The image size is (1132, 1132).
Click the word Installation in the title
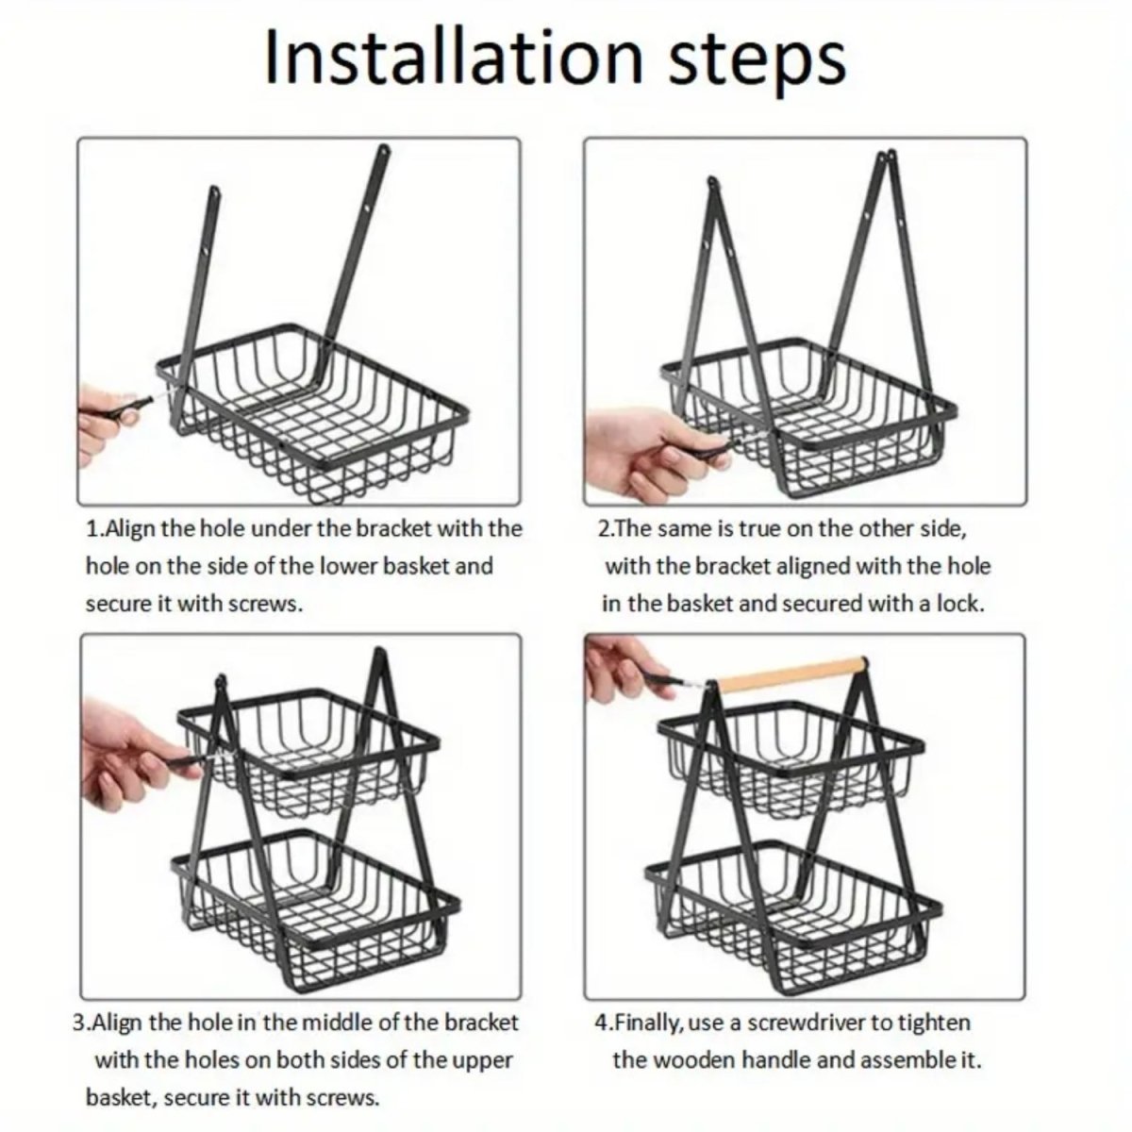pos(454,58)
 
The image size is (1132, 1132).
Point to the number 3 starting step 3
pos(79,1023)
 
